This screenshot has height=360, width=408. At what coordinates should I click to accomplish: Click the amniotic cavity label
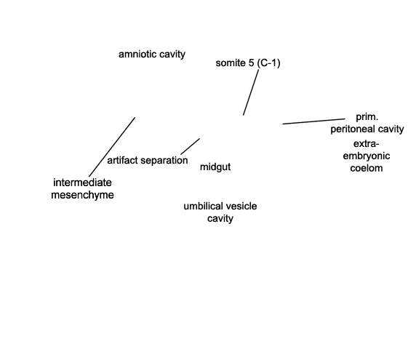152,55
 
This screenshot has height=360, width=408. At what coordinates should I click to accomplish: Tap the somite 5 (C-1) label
248,63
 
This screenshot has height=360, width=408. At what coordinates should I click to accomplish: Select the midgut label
215,167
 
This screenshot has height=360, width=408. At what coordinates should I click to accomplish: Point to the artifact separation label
148,160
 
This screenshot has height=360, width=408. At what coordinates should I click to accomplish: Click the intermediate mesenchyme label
82,188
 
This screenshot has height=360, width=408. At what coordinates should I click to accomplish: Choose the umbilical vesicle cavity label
220,212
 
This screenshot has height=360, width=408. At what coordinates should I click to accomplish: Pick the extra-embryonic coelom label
367,156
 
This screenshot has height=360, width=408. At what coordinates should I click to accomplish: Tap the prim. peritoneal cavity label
367,123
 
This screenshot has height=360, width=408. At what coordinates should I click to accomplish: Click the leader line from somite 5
251,92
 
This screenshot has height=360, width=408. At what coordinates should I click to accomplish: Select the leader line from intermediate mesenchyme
112,147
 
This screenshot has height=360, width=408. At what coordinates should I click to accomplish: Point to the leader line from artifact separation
191,146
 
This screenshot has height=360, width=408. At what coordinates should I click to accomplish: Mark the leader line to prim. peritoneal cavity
313,121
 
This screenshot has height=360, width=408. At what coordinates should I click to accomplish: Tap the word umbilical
200,207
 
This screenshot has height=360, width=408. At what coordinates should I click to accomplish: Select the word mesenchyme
82,195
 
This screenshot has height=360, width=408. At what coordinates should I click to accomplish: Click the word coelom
367,168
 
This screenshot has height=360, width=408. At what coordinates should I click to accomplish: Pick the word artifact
122,160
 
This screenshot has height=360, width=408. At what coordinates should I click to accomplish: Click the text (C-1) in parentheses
268,63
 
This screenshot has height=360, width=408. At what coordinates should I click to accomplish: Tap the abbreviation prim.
367,117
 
